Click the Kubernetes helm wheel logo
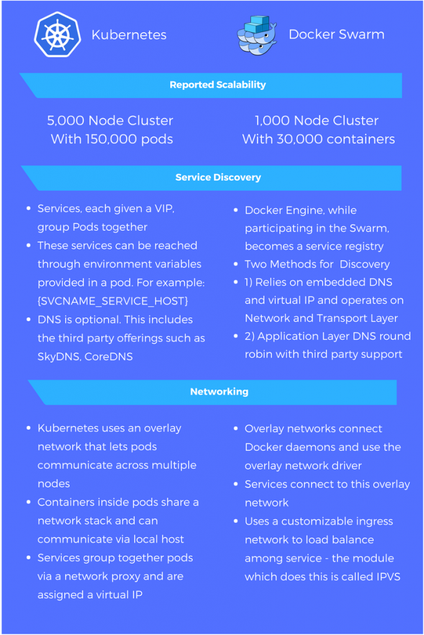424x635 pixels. coord(58,35)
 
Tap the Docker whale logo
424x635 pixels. coord(257,35)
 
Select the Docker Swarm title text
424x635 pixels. coord(336,35)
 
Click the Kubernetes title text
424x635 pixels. coord(129,35)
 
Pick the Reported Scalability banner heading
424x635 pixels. coord(218,84)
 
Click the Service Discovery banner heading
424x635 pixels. coord(218,177)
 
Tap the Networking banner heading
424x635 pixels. coord(219,392)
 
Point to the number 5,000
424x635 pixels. coord(66,121)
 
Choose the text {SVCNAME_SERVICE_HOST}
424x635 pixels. coord(113,301)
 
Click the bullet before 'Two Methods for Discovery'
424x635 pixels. coord(235,264)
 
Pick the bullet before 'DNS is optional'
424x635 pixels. coord(29,319)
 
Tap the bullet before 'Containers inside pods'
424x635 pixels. coord(29,502)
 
